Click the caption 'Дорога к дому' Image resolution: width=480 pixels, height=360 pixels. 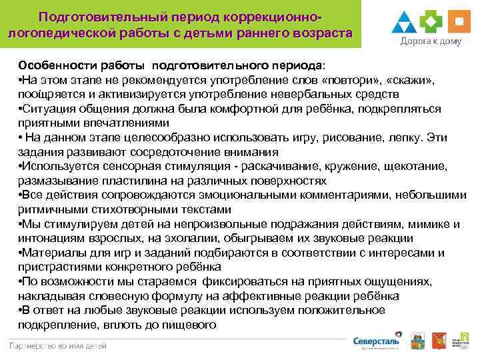tap(431, 41)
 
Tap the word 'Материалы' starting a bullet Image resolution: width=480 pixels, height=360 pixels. tap(52, 253)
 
